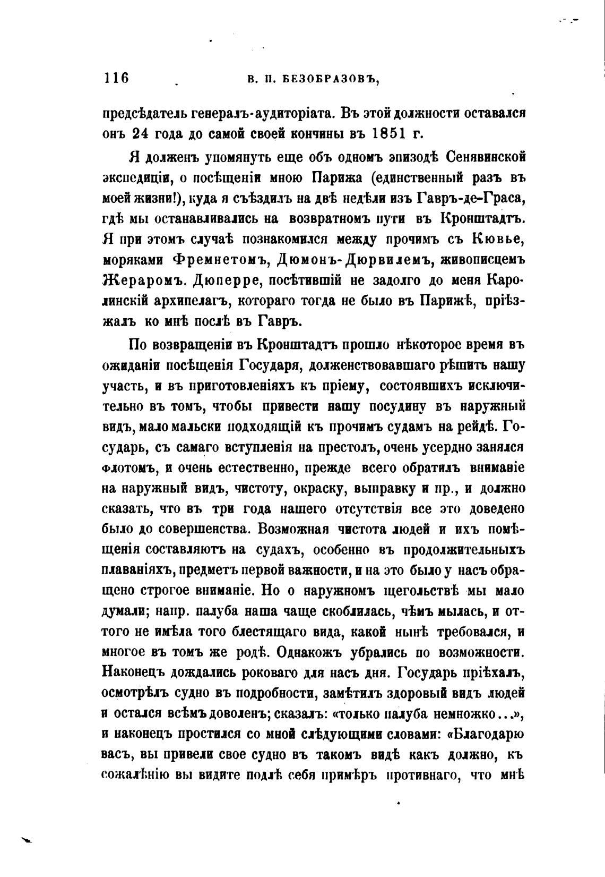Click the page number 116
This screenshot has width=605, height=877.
(x=116, y=78)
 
